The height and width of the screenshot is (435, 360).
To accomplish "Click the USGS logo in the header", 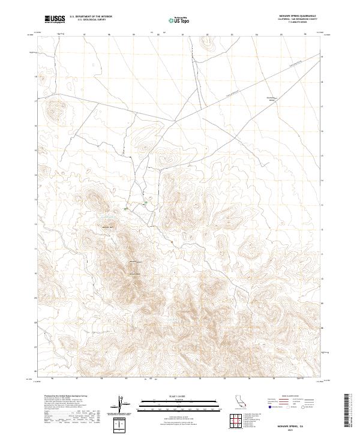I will [x=55, y=19].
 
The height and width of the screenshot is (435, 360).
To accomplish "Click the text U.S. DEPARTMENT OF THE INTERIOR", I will [x=91, y=17].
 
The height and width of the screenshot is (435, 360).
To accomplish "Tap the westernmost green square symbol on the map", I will [x=126, y=208].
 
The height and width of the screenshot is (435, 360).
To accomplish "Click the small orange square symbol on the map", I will [x=172, y=242].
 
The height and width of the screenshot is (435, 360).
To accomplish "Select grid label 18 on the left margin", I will [x=35, y=77].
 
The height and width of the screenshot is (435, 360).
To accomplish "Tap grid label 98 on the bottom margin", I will [x=101, y=379].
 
